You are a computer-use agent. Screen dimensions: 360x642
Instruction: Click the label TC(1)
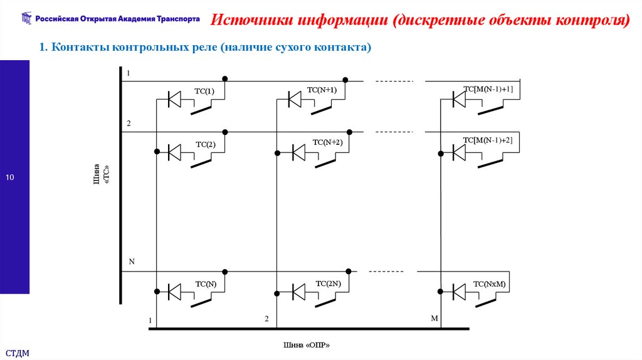(x=204, y=92)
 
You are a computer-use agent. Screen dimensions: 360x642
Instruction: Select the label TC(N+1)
(x=322, y=90)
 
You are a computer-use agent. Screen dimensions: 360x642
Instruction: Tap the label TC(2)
(x=206, y=144)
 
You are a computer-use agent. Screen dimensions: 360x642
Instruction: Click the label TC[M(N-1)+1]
(x=488, y=89)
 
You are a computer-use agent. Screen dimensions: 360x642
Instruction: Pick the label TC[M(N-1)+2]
(x=488, y=140)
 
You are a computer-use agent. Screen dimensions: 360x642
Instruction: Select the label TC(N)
(x=206, y=283)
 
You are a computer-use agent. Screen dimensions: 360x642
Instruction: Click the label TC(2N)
(x=329, y=283)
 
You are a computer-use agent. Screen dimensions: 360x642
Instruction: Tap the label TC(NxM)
(x=489, y=284)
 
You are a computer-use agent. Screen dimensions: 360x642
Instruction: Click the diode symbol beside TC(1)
(x=174, y=99)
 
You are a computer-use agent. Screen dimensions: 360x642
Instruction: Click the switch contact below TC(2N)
(x=325, y=302)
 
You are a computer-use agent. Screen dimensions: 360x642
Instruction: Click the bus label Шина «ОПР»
(x=307, y=345)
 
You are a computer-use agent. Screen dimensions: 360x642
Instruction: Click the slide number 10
(x=10, y=178)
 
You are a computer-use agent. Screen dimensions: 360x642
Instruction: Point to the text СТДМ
(x=18, y=353)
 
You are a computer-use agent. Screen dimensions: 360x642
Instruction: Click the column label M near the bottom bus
(x=434, y=319)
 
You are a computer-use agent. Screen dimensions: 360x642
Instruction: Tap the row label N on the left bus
(x=132, y=261)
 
